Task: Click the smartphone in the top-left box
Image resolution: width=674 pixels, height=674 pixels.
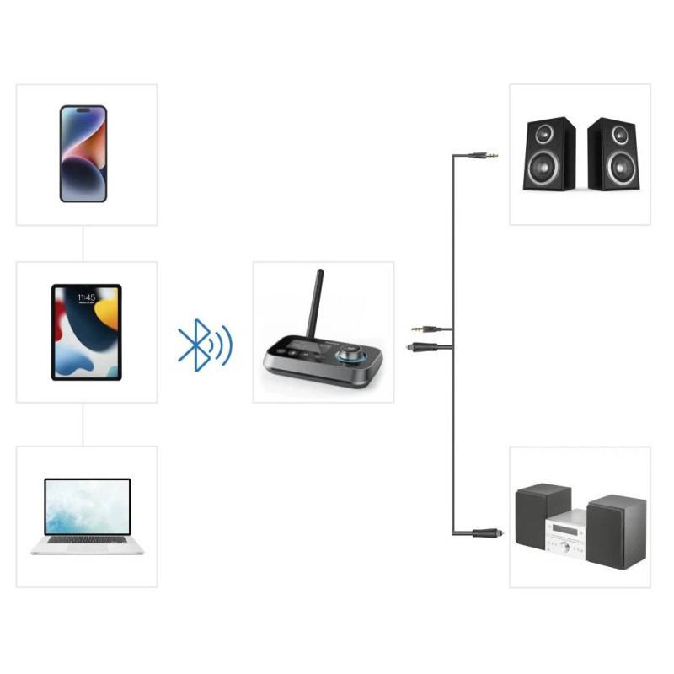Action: pyautogui.click(x=83, y=153)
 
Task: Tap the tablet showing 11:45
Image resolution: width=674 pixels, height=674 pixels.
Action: pyautogui.click(x=86, y=332)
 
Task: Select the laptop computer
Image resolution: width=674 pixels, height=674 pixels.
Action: pyautogui.click(x=88, y=516)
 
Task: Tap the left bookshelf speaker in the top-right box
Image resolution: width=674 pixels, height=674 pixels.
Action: pyautogui.click(x=550, y=153)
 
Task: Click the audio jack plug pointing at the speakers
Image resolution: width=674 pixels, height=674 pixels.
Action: pyautogui.click(x=485, y=155)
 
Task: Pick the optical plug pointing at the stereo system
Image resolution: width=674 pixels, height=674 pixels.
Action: pyautogui.click(x=484, y=532)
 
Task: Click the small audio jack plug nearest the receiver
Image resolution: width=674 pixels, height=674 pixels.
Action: pyautogui.click(x=422, y=329)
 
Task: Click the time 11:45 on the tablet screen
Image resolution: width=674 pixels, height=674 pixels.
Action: pyautogui.click(x=85, y=298)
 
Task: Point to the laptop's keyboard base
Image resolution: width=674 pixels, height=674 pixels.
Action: pyautogui.click(x=88, y=544)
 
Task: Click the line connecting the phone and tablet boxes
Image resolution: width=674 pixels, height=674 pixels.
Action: pyautogui.click(x=83, y=243)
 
